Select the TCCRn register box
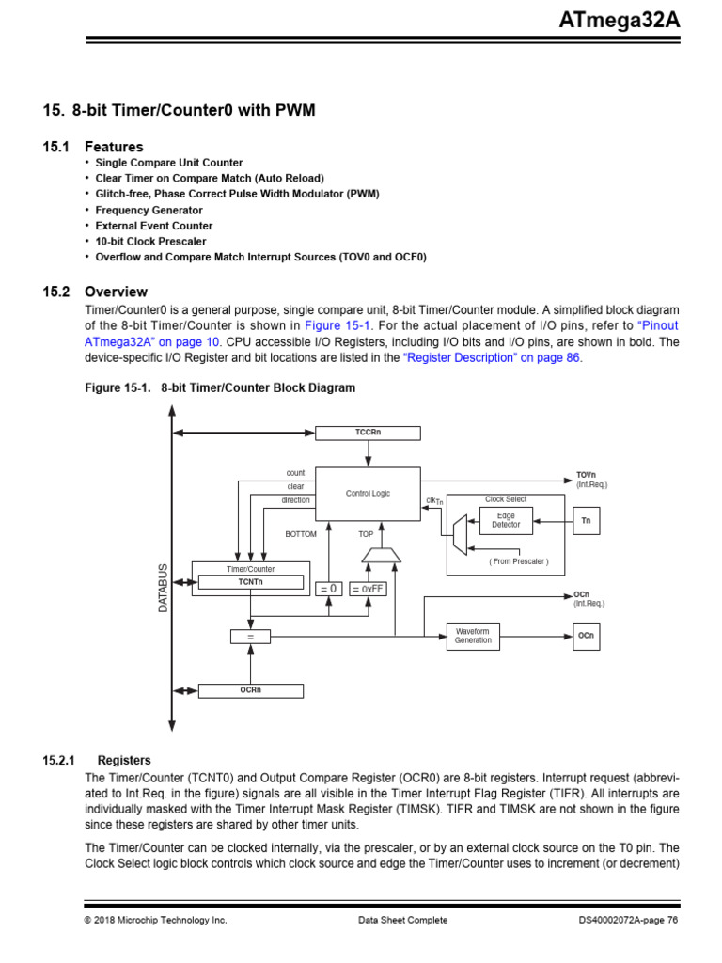tap(368, 432)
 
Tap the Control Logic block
tap(368, 493)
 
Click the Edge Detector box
tap(506, 519)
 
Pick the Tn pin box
tap(587, 520)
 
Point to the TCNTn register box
tap(250, 582)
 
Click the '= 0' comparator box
tap(328, 589)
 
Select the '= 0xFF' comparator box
tap(368, 589)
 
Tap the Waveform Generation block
tap(473, 636)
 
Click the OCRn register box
tap(250, 690)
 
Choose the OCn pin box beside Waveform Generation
tap(587, 637)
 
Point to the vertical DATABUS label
tap(162, 589)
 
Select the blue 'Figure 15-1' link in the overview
tap(328, 326)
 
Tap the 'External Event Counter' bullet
tap(153, 226)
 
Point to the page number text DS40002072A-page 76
tap(628, 920)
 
